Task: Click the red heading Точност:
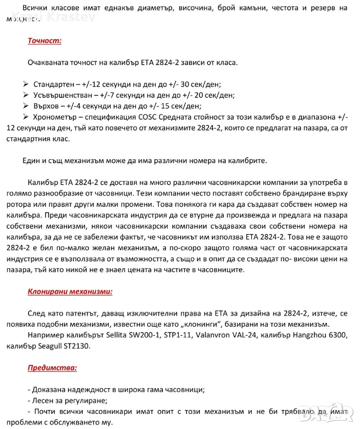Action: [x=45, y=41]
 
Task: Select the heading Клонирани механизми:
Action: [x=70, y=291]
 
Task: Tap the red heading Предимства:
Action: [x=52, y=368]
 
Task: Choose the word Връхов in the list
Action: [x=48, y=106]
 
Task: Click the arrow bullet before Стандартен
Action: [x=26, y=84]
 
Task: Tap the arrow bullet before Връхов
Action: [x=26, y=106]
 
